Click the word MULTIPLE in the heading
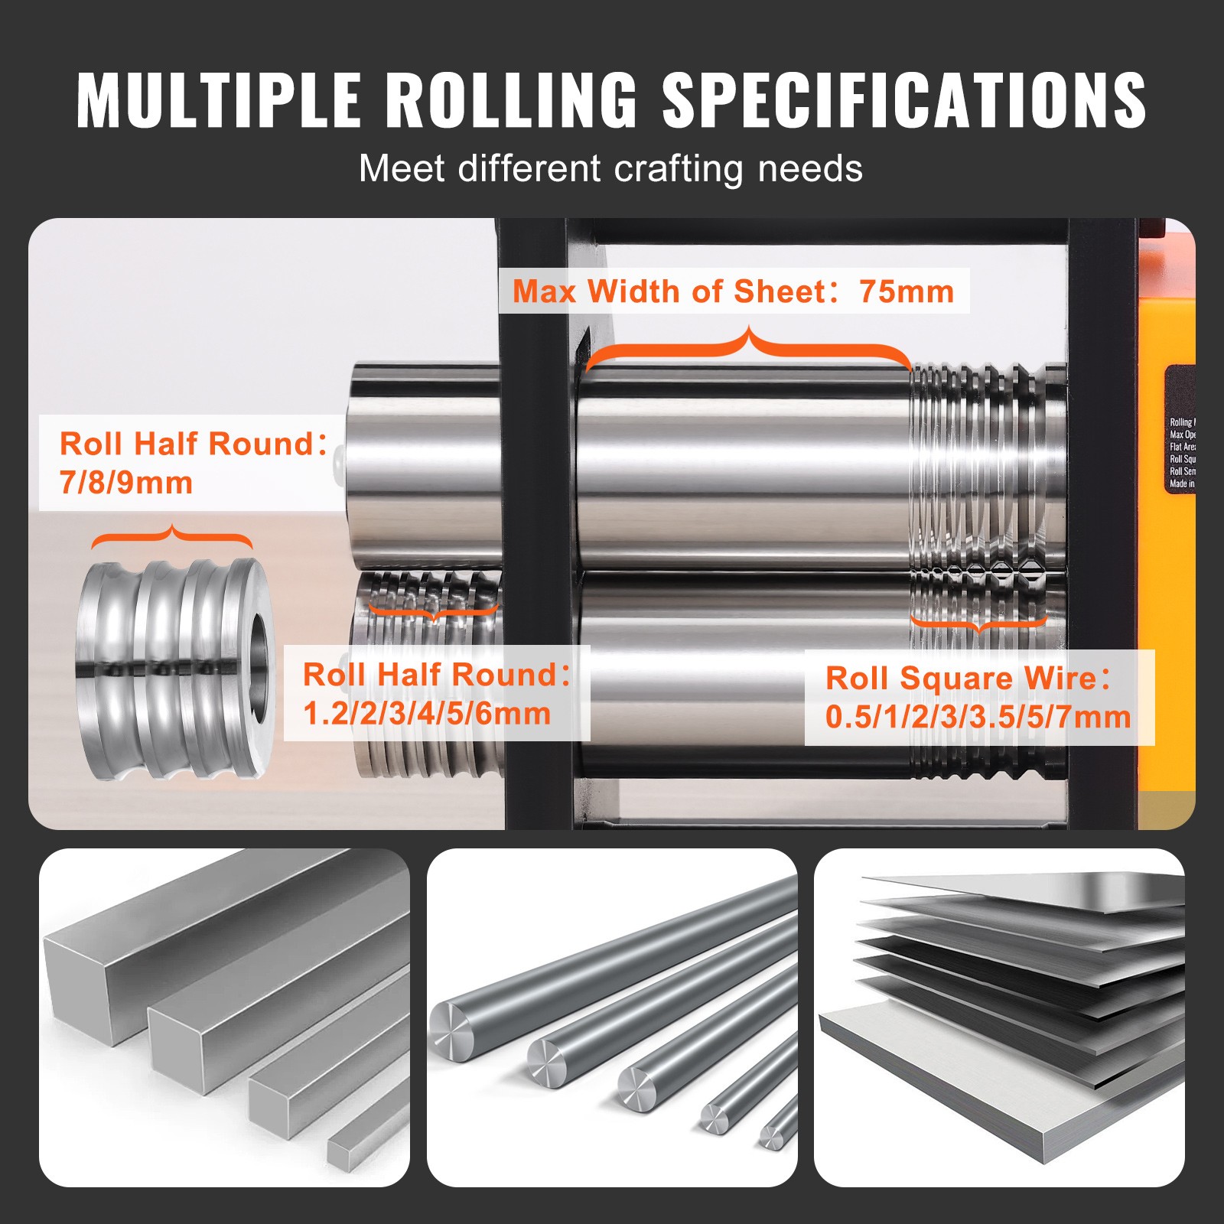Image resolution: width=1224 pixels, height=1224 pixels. tap(218, 99)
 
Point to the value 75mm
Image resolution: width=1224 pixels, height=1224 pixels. tap(907, 291)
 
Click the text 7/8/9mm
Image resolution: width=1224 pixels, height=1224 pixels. tap(126, 483)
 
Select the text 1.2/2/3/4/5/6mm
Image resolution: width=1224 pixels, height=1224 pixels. tap(427, 714)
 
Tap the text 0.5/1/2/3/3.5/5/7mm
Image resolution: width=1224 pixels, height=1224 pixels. tap(978, 718)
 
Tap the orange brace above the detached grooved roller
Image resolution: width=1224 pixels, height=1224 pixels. tap(172, 535)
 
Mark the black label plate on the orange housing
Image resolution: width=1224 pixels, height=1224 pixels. tap(1179, 428)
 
